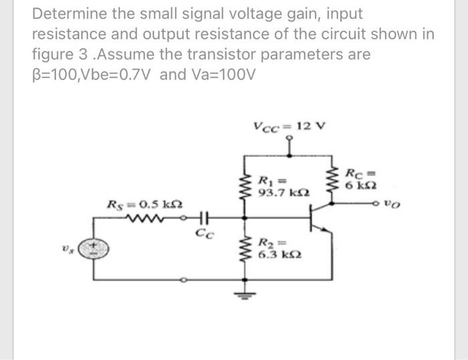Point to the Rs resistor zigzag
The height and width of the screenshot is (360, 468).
click(158, 218)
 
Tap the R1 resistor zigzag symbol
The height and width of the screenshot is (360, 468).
click(243, 184)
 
